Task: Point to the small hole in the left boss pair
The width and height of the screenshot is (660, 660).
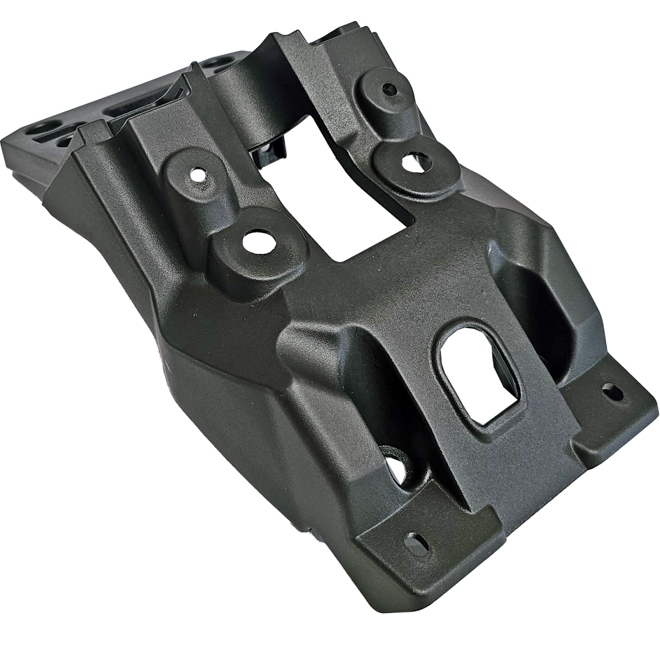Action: pyautogui.click(x=199, y=172)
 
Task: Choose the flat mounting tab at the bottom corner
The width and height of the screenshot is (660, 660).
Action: pyautogui.click(x=420, y=553)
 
